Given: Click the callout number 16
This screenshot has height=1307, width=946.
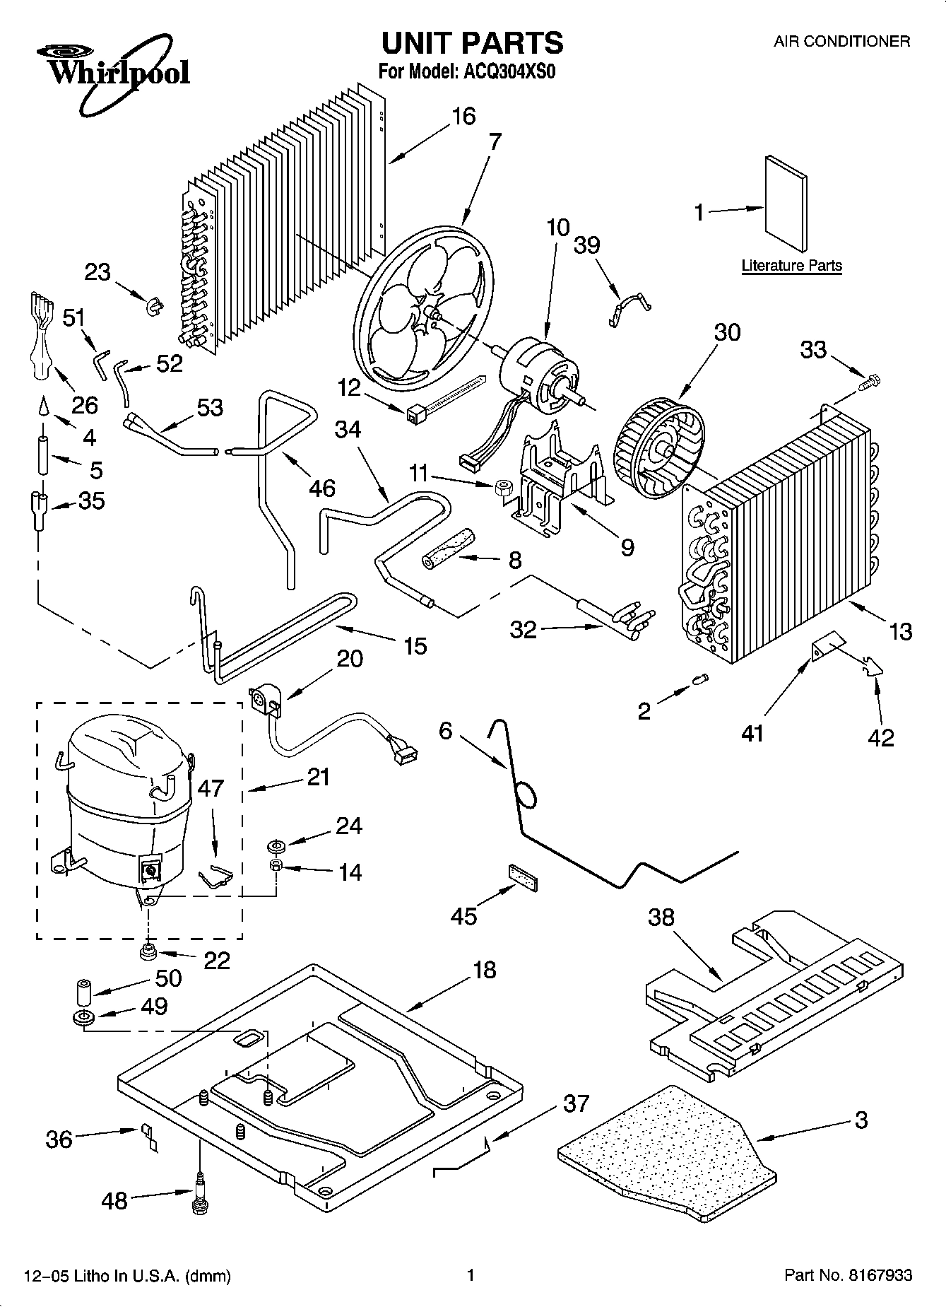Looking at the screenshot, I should tap(463, 116).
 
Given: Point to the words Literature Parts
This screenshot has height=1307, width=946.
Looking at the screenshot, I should tap(791, 266).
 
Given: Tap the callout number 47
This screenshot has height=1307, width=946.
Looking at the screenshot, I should tap(210, 789).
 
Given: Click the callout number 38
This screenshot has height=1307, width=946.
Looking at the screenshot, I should tap(662, 918).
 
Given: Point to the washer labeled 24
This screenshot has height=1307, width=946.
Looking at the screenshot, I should tap(276, 845).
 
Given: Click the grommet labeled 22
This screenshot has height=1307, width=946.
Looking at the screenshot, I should tap(148, 953).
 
